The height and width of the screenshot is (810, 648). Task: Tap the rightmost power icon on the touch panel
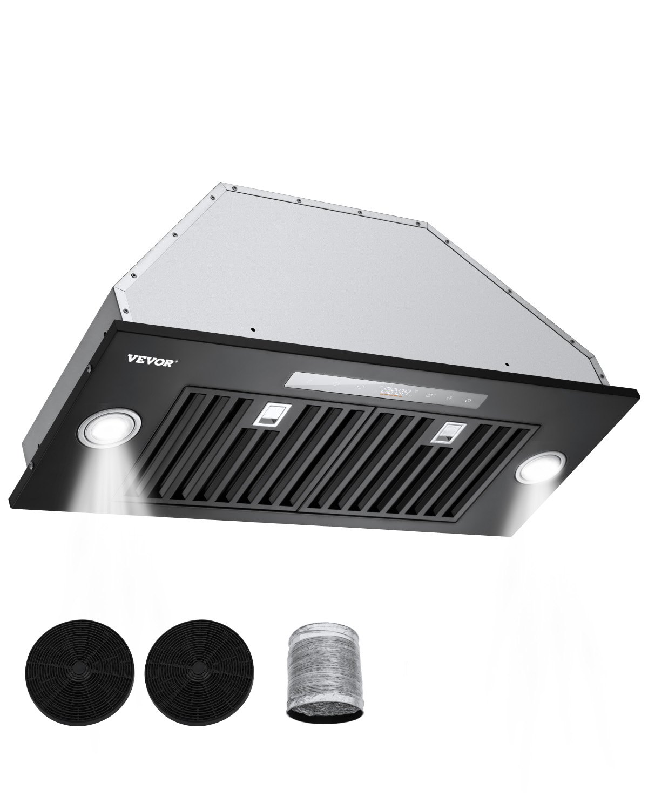[x=468, y=400]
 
